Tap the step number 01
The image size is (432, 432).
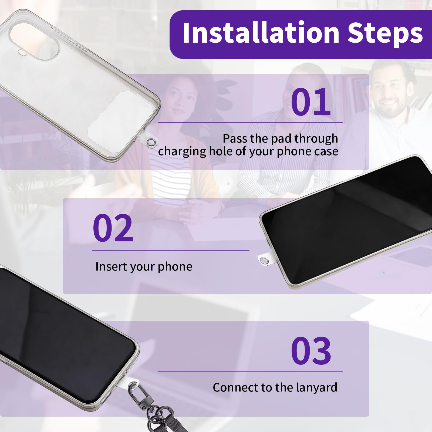(311, 102)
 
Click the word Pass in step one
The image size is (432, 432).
(234, 139)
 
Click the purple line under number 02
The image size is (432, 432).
(170, 250)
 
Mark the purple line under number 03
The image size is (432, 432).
(251, 371)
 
